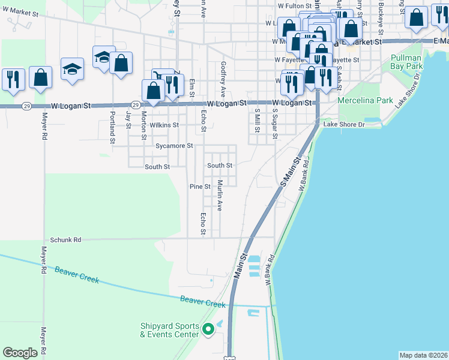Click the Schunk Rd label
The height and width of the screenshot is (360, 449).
[65, 239]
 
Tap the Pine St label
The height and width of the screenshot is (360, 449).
[200, 187]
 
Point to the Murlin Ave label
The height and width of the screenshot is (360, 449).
[220, 196]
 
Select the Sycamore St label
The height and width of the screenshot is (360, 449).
[174, 146]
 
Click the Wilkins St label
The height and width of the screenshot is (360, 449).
[164, 125]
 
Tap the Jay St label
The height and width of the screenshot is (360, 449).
[128, 120]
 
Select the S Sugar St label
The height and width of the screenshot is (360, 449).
[275, 124]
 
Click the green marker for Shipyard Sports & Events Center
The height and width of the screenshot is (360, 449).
[208, 329]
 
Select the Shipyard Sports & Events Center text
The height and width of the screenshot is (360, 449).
[169, 330]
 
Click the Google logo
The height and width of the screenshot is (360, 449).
[20, 353]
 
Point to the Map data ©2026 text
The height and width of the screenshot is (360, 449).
[424, 355]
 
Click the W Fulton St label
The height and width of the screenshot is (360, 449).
[293, 5]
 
